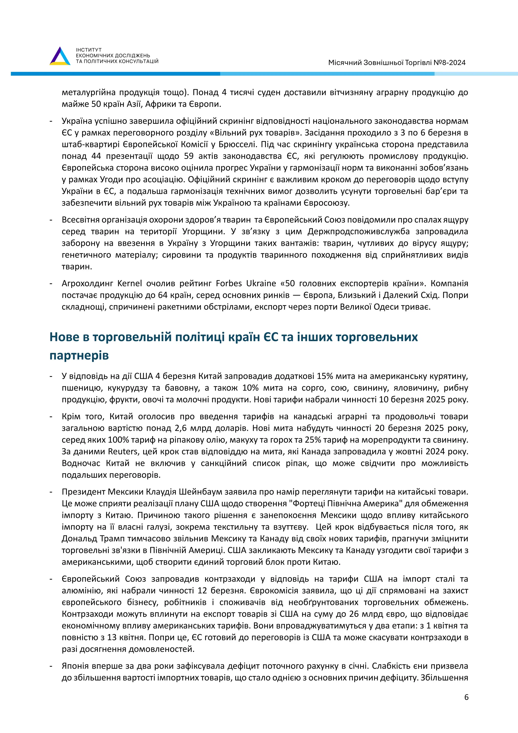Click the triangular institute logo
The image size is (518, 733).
click(60, 56)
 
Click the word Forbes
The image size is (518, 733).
click(229, 283)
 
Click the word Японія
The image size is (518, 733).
click(75, 666)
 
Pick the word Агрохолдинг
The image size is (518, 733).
click(88, 283)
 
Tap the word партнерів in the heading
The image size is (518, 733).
click(79, 355)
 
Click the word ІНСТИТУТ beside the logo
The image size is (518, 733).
click(89, 50)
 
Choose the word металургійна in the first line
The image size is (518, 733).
click(88, 93)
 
